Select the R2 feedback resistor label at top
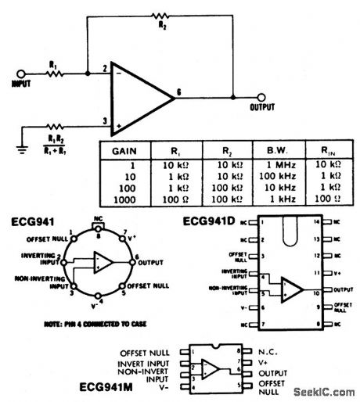(162, 25)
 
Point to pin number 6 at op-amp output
(181, 92)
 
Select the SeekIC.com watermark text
(322, 390)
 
